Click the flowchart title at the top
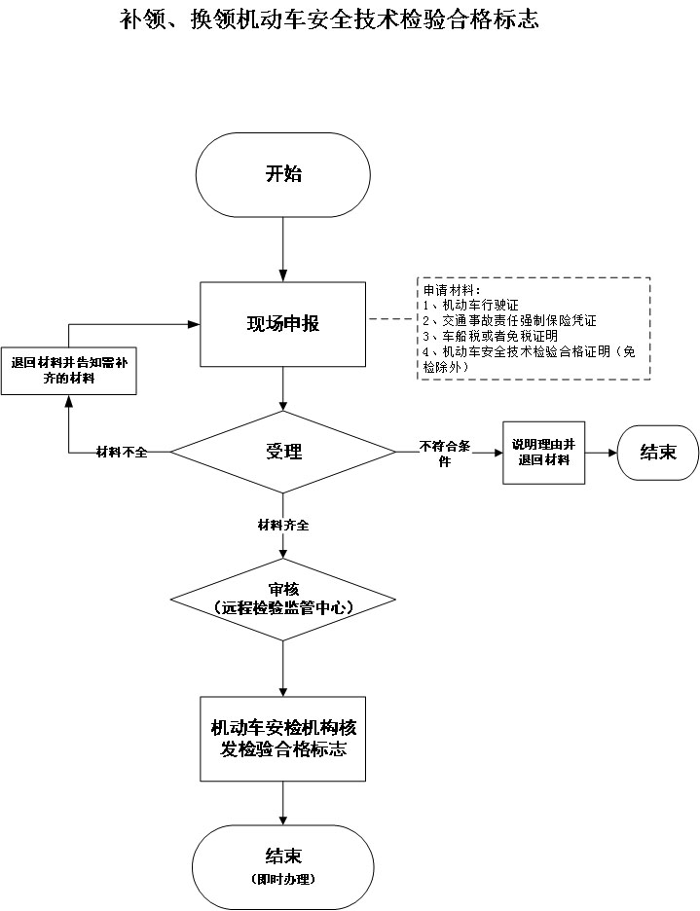(x=329, y=18)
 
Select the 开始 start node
(x=283, y=175)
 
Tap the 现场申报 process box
(x=283, y=324)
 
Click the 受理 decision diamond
(x=283, y=452)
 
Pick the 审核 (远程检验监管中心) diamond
(x=283, y=599)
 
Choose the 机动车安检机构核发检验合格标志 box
(x=283, y=739)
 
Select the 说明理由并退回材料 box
(x=543, y=452)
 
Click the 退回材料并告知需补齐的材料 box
(x=68, y=371)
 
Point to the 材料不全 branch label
(x=122, y=453)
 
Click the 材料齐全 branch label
(x=283, y=526)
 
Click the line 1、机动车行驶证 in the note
(x=469, y=306)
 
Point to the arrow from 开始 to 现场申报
(x=283, y=247)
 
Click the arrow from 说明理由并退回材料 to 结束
(x=601, y=453)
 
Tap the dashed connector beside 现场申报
(x=391, y=318)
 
